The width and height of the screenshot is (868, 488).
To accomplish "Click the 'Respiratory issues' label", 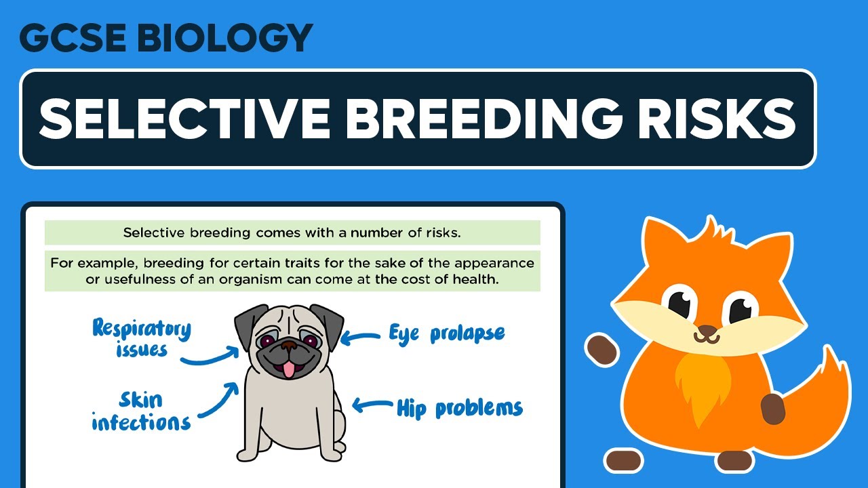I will pos(142,338).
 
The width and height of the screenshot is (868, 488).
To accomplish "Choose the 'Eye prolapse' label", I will pos(446,333).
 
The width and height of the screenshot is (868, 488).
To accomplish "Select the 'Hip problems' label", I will pos(459,408).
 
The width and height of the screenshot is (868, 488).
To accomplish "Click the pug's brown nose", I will pos(289,346).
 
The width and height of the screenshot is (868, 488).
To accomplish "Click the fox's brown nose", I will pos(707,333).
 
